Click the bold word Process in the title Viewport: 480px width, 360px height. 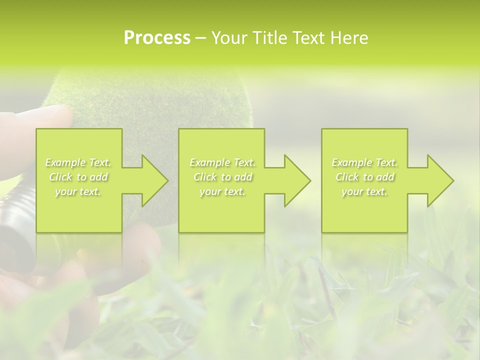pos(157,38)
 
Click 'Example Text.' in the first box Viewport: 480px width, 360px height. pos(78,162)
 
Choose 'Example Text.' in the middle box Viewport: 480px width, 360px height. pos(222,162)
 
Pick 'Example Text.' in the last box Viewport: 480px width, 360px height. pos(364,162)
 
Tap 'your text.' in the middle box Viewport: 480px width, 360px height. pos(222,191)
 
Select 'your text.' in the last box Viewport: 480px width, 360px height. pos(364,191)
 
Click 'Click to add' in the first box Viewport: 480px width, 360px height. pos(78,177)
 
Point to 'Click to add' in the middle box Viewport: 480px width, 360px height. pos(222,177)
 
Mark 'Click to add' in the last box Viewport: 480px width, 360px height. pos(364,177)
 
